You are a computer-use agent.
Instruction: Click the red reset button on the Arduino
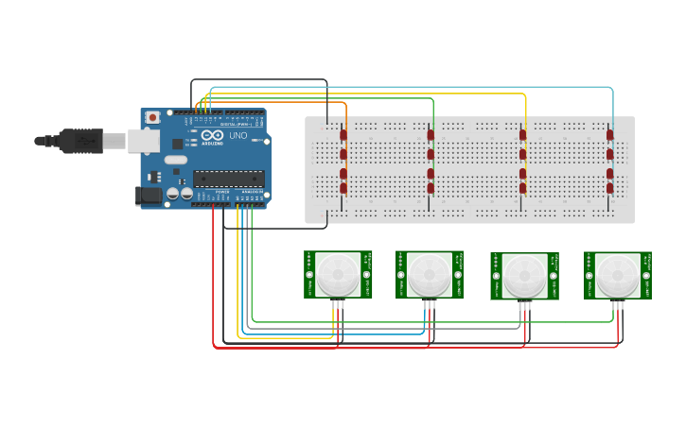click(x=152, y=117)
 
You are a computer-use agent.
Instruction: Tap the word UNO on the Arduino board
click(x=237, y=135)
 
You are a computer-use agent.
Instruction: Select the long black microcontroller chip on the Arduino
click(x=228, y=178)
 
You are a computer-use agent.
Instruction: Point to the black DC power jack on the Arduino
click(x=149, y=196)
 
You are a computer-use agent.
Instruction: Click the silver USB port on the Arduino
click(x=144, y=141)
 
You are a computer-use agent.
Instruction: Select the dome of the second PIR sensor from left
click(x=429, y=274)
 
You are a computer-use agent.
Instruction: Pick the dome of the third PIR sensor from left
click(x=523, y=275)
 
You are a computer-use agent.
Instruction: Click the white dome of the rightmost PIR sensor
click(x=617, y=274)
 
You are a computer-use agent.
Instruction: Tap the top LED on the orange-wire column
click(x=343, y=134)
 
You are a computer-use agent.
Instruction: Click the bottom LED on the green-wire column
click(x=431, y=188)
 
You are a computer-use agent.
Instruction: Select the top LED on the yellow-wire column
click(x=522, y=134)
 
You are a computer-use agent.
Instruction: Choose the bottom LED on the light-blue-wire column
click(x=610, y=188)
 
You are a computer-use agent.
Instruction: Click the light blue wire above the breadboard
click(x=416, y=87)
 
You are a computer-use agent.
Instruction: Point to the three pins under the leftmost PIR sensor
click(x=337, y=303)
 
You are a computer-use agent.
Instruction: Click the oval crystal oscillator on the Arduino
click(x=175, y=160)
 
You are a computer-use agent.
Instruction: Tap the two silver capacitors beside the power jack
click(x=180, y=194)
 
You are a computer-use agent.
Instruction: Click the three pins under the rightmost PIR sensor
click(x=617, y=303)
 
